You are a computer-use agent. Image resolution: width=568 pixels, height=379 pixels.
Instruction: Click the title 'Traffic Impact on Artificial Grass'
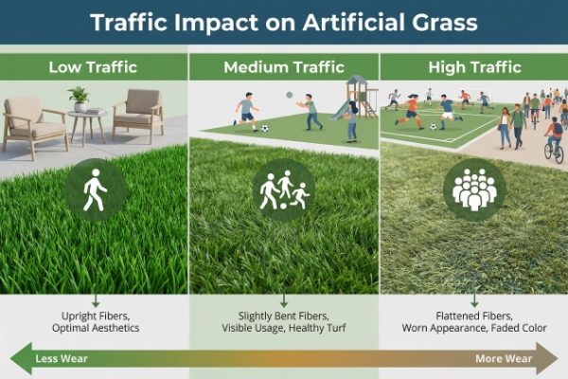pyautogui.click(x=284, y=23)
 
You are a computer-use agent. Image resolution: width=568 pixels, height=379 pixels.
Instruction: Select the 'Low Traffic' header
pyautogui.click(x=94, y=67)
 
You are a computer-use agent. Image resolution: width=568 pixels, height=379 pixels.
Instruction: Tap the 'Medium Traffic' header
pyautogui.click(x=283, y=67)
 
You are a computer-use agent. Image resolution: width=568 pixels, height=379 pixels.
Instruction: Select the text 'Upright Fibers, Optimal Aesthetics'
pyautogui.click(x=94, y=320)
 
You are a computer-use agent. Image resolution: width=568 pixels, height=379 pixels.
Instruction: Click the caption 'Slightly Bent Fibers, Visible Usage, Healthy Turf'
pyautogui.click(x=284, y=320)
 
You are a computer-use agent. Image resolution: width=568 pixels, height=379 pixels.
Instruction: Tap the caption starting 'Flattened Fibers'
pyautogui.click(x=473, y=320)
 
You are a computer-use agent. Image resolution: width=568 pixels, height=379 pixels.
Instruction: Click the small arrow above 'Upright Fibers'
pyautogui.click(x=95, y=300)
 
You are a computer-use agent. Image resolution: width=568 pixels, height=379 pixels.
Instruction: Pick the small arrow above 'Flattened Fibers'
pyautogui.click(x=473, y=300)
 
